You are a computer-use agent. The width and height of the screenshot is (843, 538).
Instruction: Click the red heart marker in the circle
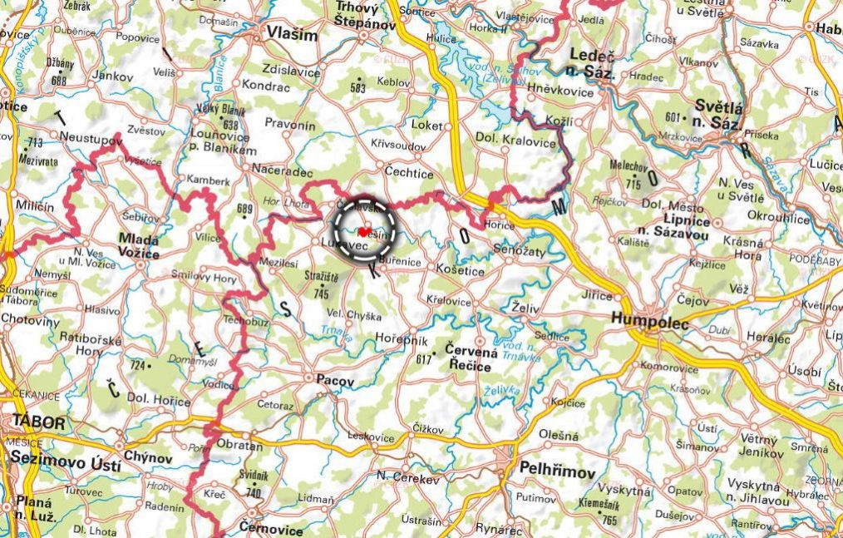(x=364, y=232)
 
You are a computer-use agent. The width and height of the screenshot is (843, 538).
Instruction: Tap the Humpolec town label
(x=649, y=323)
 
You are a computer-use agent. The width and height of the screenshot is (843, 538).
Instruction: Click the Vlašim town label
(x=292, y=34)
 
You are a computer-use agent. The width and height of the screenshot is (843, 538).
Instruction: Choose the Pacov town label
(x=335, y=380)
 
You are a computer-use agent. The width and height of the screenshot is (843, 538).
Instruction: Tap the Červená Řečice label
(x=472, y=358)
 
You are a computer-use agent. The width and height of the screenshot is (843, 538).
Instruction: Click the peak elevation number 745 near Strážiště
(x=322, y=294)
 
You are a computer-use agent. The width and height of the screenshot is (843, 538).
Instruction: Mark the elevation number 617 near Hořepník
(x=424, y=358)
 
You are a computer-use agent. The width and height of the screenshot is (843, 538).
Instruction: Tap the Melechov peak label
(x=629, y=166)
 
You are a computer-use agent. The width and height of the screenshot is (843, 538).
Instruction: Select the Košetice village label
(x=461, y=271)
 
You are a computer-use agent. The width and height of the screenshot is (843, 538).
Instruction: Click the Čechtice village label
(x=408, y=172)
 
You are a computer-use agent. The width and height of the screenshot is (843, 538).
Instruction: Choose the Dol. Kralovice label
(x=515, y=141)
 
